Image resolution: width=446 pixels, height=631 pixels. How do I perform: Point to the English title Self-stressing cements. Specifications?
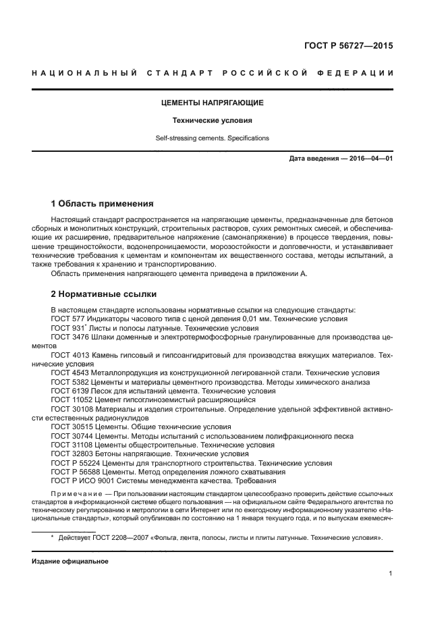point(212,138)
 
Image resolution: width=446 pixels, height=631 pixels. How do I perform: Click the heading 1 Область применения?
point(103,203)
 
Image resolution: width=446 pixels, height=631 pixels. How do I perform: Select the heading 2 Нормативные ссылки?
point(104,294)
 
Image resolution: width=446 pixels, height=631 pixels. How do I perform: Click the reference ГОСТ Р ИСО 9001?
point(81,481)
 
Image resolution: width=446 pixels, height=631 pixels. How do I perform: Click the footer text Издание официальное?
point(70,561)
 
